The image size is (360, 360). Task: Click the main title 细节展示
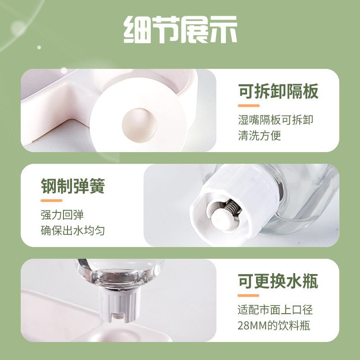coord(180,29)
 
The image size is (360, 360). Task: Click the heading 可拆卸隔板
coord(278,91)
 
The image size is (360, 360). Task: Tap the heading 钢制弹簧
coord(73,186)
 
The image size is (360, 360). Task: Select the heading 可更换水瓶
coord(278,281)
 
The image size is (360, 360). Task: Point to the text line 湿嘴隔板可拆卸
coord(275,120)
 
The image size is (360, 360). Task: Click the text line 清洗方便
coord(260,135)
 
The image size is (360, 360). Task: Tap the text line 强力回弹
coord(62,215)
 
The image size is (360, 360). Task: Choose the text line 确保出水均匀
coord(73,230)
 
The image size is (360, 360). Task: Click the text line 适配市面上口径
coord(275,310)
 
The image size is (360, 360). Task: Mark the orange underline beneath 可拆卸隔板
coord(249,106)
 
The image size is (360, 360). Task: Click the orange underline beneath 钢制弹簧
coord(51,200)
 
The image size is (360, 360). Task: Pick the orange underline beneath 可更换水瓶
coord(248,296)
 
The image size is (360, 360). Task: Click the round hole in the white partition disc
coord(139,126)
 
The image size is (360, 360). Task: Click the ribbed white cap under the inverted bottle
coord(120,302)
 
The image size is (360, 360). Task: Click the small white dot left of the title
coord(39,47)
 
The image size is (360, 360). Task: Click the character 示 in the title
coord(223,29)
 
